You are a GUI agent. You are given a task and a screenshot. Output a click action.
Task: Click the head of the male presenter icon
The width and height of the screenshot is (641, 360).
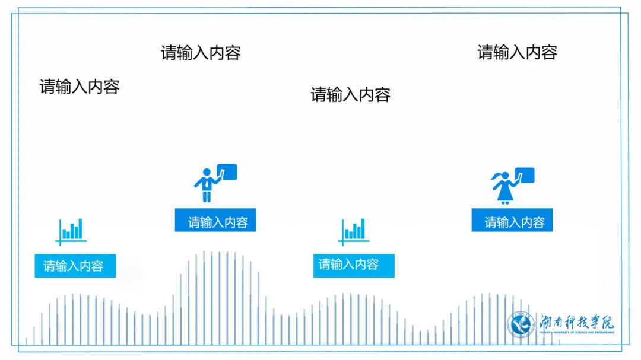pos(207,172)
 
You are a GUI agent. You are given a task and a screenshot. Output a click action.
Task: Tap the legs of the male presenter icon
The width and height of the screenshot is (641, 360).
pos(207,196)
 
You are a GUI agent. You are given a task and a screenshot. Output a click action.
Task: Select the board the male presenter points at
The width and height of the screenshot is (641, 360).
pos(227,172)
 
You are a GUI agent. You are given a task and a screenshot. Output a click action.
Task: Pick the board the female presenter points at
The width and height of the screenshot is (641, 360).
pos(525,175)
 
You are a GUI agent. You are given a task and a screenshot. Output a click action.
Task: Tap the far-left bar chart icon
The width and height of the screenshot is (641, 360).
pos(71,231)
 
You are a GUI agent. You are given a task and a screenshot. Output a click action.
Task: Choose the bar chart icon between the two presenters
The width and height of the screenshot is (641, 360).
pos(354,231)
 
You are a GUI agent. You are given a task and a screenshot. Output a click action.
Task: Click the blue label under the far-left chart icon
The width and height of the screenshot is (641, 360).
pos(75,266)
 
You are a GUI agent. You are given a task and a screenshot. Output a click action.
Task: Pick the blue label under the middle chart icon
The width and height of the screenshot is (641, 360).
pos(354,265)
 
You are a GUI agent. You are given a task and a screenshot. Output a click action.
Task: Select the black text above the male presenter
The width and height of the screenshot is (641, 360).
pos(201,53)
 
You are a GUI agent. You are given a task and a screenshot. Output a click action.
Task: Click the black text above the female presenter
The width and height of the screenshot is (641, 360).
pos(517,52)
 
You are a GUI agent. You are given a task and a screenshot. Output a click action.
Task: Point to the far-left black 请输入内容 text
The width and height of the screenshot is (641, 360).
pos(80,87)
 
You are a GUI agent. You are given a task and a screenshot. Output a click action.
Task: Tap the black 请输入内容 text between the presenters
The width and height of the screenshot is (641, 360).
pos(350,94)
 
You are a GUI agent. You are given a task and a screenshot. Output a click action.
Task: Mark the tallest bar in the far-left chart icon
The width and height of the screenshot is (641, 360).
pos(80,228)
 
